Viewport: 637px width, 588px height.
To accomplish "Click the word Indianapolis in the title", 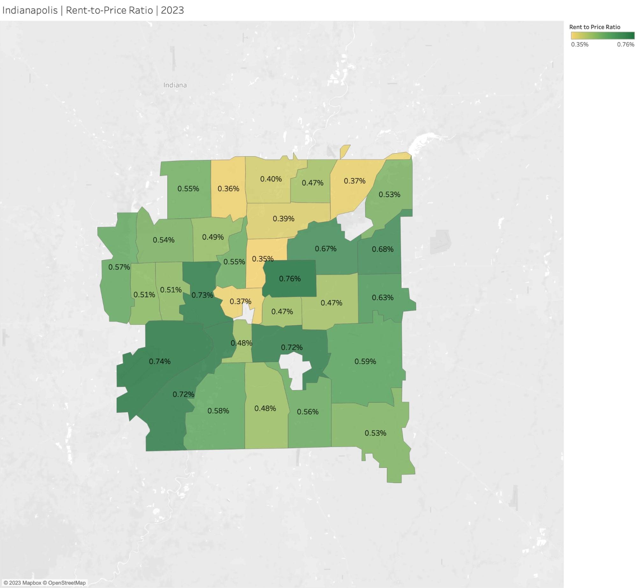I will coord(30,11).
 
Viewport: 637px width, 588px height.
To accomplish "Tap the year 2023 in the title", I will coord(172,11).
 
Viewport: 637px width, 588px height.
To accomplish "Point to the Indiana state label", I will coord(175,85).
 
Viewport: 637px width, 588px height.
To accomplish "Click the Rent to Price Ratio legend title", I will coord(595,27).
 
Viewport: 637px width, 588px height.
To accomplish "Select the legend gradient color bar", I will coord(602,35).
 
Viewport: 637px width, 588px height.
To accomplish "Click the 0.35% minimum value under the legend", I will coord(580,45).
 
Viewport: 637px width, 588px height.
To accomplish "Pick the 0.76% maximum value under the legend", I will coord(626,45).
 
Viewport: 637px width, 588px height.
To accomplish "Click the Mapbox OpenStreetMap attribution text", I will coord(45,583).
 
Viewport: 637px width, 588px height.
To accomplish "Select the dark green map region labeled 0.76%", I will coord(290,279).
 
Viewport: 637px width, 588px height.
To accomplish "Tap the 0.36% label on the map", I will coord(228,189).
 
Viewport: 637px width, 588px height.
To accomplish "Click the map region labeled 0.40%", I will coord(271,179).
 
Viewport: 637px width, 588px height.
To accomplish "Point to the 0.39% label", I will coord(284,219).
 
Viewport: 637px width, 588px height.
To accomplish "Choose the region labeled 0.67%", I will coord(326,249).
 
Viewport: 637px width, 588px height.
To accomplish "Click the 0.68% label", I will coord(383,249).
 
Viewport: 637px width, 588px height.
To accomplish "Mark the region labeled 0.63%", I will coord(383,298).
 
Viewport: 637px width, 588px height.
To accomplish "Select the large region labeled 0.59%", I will coord(365,361).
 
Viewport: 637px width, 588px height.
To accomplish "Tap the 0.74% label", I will coord(160,361).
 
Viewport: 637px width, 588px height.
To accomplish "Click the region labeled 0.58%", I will coord(218,411).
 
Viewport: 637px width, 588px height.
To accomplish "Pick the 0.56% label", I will coord(308,412).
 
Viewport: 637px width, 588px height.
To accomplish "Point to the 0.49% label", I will coord(213,237).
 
